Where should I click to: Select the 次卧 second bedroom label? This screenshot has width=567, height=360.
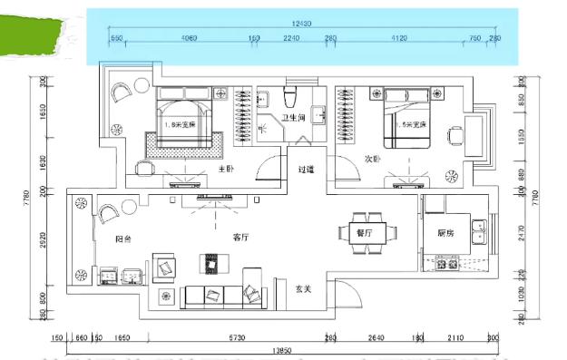pyautogui.click(x=373, y=160)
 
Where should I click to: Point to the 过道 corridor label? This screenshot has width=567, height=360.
pyautogui.click(x=306, y=170)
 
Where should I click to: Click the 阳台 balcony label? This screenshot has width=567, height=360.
pyautogui.click(x=125, y=238)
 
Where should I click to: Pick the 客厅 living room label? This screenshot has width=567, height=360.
pyautogui.click(x=240, y=238)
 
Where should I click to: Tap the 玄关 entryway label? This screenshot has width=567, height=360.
pyautogui.click(x=304, y=289)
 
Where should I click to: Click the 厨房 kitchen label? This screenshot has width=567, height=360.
pyautogui.click(x=445, y=233)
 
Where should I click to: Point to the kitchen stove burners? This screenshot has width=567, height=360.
pyautogui.click(x=446, y=265)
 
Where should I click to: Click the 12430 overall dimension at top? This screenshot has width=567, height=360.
pyautogui.click(x=303, y=22)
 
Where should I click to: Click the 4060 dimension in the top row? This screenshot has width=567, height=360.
pyautogui.click(x=190, y=38)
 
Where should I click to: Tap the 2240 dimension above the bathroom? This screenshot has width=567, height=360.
pyautogui.click(x=291, y=38)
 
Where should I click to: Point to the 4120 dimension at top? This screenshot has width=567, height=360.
pyautogui.click(x=398, y=38)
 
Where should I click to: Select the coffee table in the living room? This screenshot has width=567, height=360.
pyautogui.click(x=215, y=264)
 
